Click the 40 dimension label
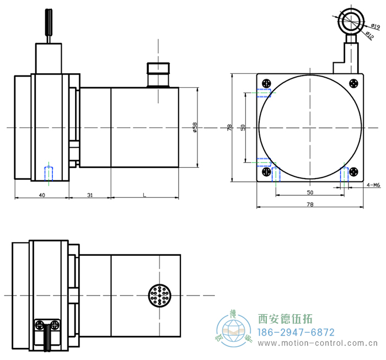[x=42, y=195]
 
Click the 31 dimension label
[x=90, y=195]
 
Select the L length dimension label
[x=144, y=195]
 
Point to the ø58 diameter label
[x=195, y=128]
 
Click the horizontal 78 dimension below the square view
[x=309, y=205]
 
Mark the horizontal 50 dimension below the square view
[x=309, y=193]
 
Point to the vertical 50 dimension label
[x=243, y=128]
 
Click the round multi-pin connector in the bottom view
[x=159, y=296]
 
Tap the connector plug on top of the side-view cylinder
[x=158, y=75]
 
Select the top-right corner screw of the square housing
[x=354, y=83]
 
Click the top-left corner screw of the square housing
[x=266, y=83]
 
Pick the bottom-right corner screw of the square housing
[x=354, y=171]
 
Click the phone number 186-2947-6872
[x=297, y=332]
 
